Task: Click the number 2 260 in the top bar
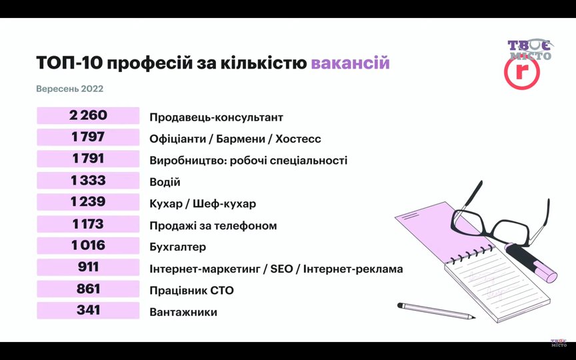(x=88, y=115)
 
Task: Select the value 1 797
(x=88, y=137)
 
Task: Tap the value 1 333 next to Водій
(x=88, y=181)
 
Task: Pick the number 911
(x=88, y=267)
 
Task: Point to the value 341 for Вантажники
(x=88, y=311)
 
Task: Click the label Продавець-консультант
(x=216, y=117)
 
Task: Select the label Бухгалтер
(x=177, y=247)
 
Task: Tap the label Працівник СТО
(x=191, y=291)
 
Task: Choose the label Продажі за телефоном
(x=213, y=225)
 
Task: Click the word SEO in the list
(x=281, y=269)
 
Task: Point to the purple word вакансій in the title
(x=350, y=63)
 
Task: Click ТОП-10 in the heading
(x=69, y=63)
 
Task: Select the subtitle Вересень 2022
(x=70, y=89)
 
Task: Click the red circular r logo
(x=521, y=73)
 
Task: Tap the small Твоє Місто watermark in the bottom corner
(x=559, y=343)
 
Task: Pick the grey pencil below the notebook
(x=436, y=311)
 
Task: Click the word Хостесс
(x=298, y=139)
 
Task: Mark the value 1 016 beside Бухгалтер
(x=88, y=245)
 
